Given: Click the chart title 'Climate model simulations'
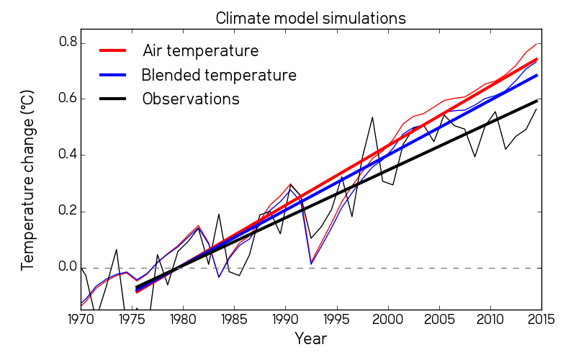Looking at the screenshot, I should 310,18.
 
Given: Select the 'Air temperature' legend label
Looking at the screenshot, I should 200,51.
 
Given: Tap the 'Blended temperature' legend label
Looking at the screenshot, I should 219,75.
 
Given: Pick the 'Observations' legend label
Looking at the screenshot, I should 191,99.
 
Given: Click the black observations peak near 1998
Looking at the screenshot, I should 372,117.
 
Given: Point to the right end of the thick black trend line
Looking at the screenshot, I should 537,101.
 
